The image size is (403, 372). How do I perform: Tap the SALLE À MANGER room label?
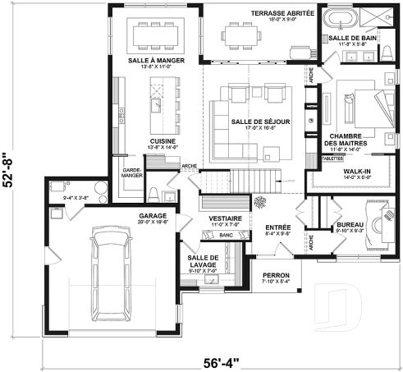pyautogui.click(x=156, y=62)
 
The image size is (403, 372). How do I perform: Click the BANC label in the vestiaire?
pyautogui.click(x=227, y=236)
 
